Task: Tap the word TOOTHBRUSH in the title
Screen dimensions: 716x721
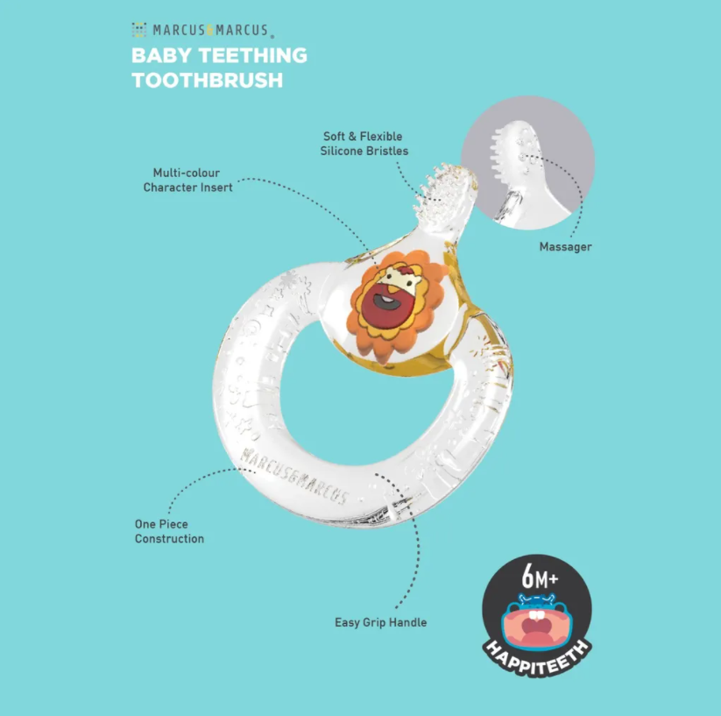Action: pyautogui.click(x=207, y=81)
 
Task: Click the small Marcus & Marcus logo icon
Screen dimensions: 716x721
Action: pyautogui.click(x=138, y=31)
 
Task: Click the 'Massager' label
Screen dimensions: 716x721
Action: pyautogui.click(x=565, y=246)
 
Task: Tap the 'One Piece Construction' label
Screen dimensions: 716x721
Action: pyautogui.click(x=169, y=531)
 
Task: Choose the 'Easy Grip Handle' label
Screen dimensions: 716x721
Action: pyautogui.click(x=380, y=622)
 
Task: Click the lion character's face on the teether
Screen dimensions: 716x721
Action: pyautogui.click(x=392, y=300)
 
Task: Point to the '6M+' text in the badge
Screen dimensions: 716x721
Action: pyautogui.click(x=540, y=578)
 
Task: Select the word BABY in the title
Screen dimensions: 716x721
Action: pyautogui.click(x=154, y=56)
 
